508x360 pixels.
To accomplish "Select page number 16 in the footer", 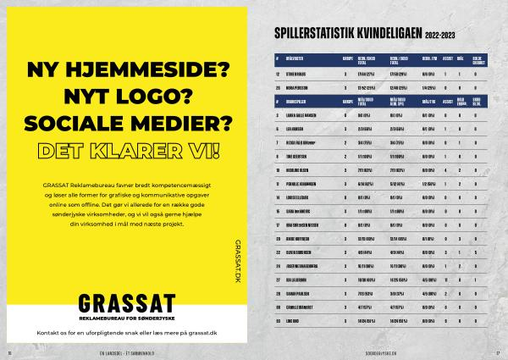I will [x=9, y=352].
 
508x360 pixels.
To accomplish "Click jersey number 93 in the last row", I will [x=277, y=321].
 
